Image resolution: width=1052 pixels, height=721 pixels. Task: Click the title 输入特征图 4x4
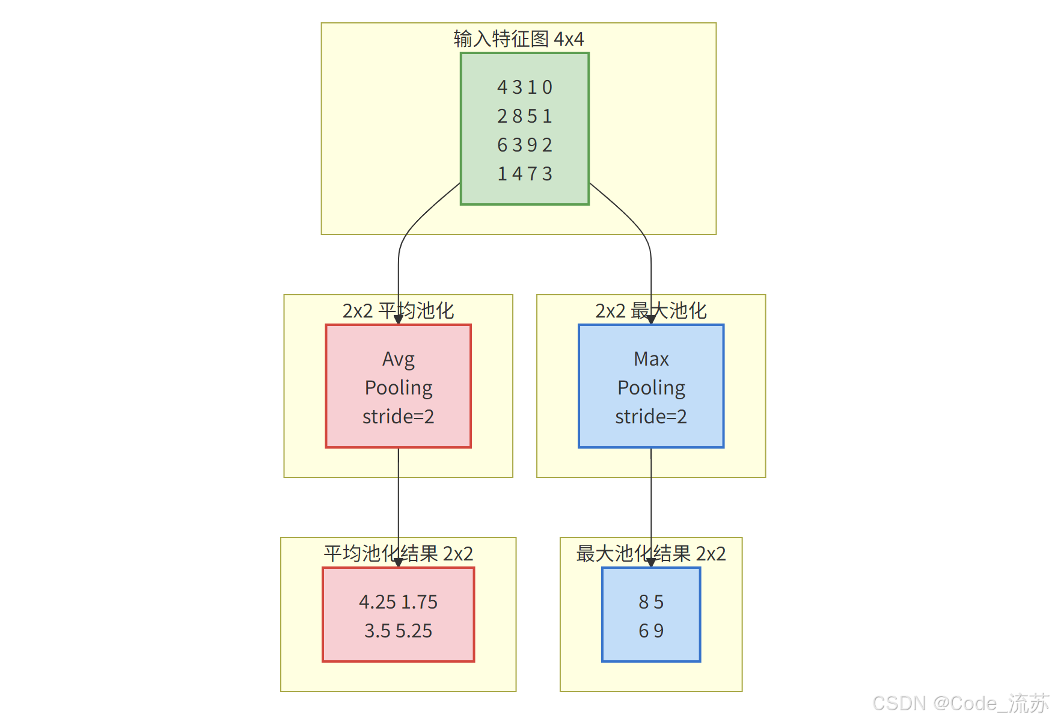(518, 39)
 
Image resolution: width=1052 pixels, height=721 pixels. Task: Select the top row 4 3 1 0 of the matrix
(524, 88)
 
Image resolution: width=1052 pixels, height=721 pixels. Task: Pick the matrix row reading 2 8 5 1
(524, 116)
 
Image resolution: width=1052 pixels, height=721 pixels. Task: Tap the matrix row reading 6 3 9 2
(524, 145)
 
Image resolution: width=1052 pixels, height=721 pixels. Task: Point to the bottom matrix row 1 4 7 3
(524, 174)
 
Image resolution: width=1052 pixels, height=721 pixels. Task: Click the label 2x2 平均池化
(398, 311)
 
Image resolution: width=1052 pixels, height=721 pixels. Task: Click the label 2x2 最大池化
(650, 311)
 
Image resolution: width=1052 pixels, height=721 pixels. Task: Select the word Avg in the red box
(398, 360)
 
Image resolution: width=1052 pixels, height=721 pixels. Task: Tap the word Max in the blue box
(651, 359)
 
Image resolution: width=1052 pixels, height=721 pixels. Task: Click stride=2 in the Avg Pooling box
(398, 417)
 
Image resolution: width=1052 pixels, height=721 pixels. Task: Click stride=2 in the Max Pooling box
(651, 417)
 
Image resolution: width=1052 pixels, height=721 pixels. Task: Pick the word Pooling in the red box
(399, 388)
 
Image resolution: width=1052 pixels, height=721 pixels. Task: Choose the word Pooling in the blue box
(651, 388)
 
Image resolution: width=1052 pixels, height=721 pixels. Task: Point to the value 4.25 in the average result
(378, 602)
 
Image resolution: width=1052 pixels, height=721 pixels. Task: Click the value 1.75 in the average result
(420, 602)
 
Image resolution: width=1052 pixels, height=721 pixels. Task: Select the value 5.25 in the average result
(414, 631)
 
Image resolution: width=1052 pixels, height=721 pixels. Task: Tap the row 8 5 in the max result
(651, 602)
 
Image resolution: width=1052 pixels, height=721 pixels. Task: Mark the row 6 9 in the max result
(651, 631)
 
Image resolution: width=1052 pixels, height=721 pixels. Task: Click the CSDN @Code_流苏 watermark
(960, 703)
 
